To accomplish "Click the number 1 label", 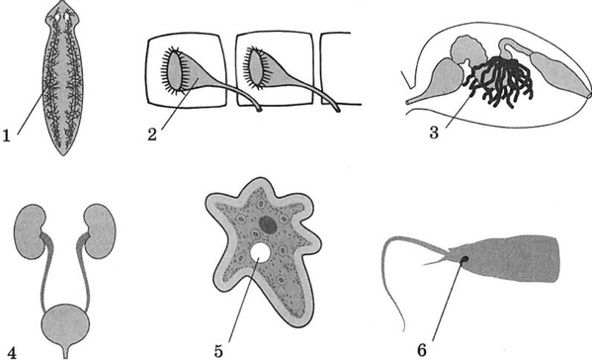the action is point(6,135).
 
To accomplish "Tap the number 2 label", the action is point(152,135).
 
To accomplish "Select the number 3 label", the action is point(434,133).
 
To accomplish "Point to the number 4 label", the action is point(12,353).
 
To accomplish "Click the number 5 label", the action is point(218,351).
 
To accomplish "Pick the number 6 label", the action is point(422,350).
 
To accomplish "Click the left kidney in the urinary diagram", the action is point(30,231).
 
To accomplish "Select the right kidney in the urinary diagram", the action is point(100,230).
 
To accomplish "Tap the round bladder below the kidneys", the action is point(66,324).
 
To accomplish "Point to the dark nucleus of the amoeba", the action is point(269,225).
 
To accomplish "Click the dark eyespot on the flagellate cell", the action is point(465,259).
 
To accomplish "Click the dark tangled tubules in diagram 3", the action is point(500,80).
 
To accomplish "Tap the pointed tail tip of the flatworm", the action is point(63,154).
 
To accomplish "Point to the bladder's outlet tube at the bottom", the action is point(66,351).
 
